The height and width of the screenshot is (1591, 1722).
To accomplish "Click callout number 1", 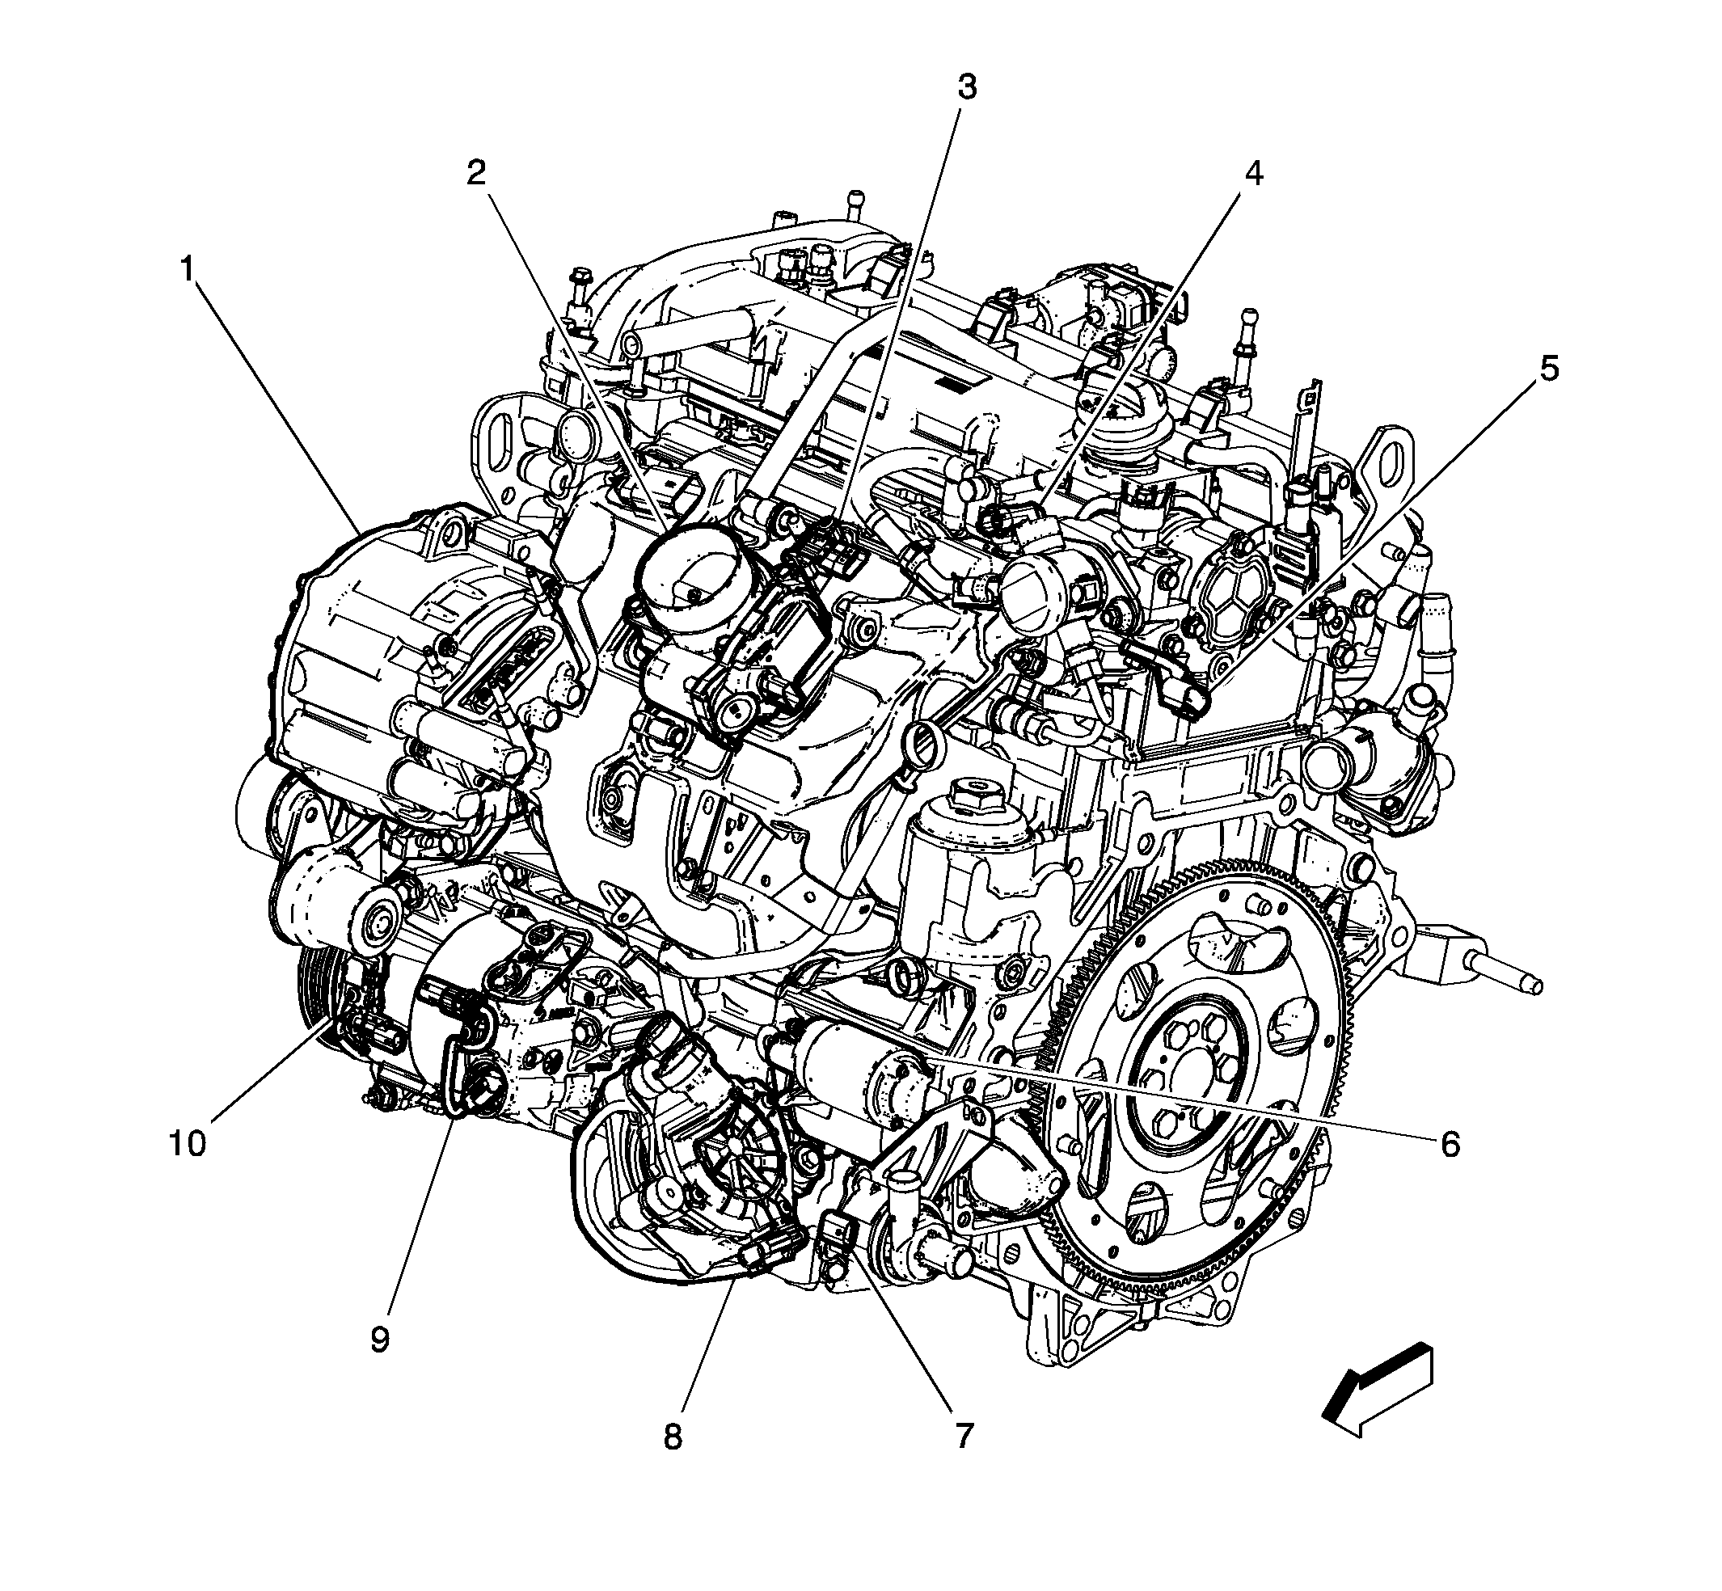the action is pos(187,270).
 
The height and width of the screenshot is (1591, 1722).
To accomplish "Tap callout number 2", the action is pos(476,174).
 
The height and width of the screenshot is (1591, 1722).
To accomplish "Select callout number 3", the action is pos(967,87).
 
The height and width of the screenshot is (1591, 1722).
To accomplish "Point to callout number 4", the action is pos(1254,174).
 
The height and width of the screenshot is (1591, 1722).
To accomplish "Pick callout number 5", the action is pos(1549,369).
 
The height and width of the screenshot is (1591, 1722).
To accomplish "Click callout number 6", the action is pos(1450,1144).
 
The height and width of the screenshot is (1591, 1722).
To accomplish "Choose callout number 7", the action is pos(963,1435).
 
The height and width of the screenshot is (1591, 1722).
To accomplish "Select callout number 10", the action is pos(188,1144).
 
